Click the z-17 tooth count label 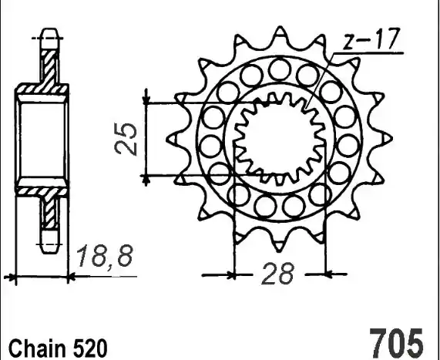(371, 39)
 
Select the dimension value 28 (278, 273)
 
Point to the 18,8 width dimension (105, 256)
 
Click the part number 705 (396, 344)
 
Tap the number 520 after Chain (90, 348)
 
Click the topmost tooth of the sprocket (280, 34)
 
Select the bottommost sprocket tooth (279, 244)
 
